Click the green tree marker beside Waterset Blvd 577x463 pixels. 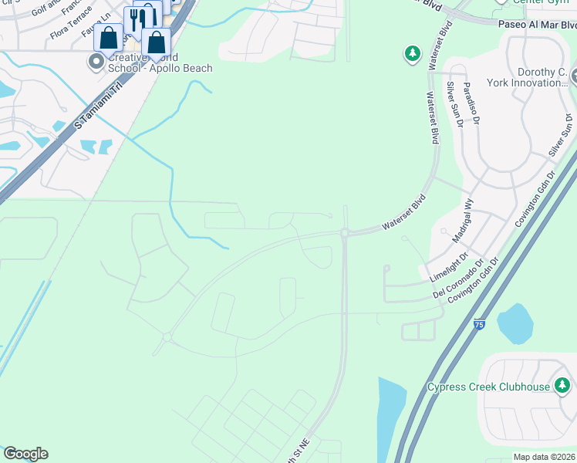(413, 54)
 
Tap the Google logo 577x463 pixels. (25, 454)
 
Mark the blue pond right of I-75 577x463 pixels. (515, 323)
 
